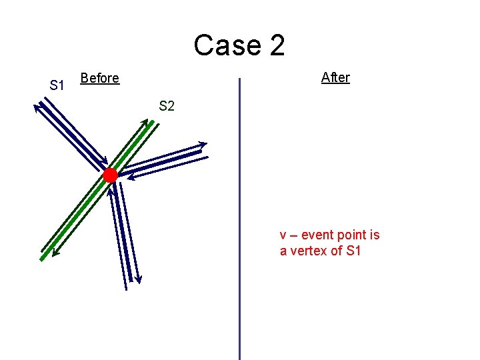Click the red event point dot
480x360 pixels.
[110, 175]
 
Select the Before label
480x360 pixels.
[99, 78]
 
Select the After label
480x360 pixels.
[335, 77]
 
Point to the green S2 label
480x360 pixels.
[166, 105]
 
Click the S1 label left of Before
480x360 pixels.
[57, 85]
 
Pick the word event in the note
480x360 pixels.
[317, 235]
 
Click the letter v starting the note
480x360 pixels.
[283, 235]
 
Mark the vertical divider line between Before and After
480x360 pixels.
[239, 220]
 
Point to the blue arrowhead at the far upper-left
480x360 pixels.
[37, 105]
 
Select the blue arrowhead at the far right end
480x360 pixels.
[204, 144]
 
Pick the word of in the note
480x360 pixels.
[337, 251]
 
